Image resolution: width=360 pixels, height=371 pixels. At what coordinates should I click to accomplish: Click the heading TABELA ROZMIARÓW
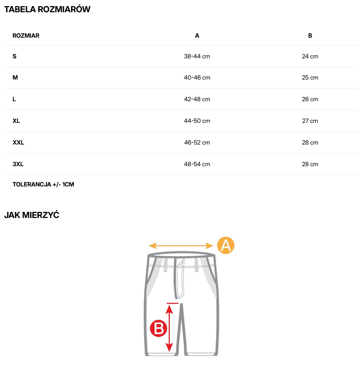[47, 9]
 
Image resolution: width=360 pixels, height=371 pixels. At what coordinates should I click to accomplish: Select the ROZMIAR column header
[26, 35]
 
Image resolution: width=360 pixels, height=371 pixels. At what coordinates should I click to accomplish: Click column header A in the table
[197, 35]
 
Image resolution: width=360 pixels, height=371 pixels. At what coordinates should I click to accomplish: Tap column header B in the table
[310, 35]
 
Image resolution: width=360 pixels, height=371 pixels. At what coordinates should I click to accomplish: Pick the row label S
[15, 56]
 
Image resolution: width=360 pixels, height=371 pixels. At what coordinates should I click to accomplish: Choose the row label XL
[16, 121]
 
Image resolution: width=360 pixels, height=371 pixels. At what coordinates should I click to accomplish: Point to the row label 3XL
[18, 164]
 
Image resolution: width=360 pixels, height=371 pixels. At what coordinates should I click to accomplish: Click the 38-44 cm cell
[197, 56]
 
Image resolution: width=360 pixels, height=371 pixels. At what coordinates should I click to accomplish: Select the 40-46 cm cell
[197, 78]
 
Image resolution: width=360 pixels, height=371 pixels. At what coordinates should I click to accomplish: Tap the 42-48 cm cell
[197, 99]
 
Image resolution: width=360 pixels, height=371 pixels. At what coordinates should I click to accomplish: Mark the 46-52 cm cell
[197, 143]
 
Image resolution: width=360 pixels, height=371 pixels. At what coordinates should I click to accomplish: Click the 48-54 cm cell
[197, 164]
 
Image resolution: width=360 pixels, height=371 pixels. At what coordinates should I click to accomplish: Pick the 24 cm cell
[310, 56]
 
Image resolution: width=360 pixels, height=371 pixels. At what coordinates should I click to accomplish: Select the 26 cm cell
[310, 99]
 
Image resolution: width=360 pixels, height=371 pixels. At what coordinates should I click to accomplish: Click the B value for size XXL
[310, 143]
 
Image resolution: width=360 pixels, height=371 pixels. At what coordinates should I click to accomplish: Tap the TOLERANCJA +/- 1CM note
[43, 185]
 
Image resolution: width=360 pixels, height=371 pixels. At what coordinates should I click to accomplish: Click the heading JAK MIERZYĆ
[32, 215]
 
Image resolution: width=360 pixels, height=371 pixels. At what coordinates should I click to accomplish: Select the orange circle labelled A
[225, 245]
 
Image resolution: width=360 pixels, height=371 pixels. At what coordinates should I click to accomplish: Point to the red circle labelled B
[159, 328]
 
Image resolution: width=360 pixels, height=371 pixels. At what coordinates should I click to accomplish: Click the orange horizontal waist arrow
[181, 246]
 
